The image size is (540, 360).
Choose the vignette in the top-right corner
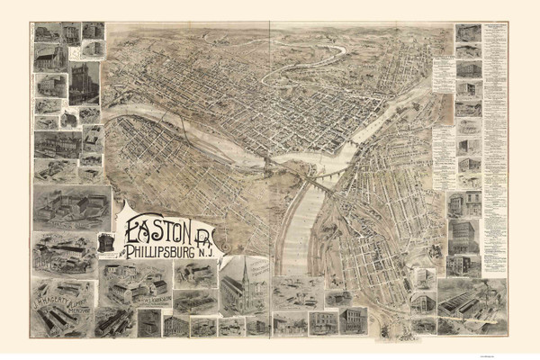click(x=468, y=33)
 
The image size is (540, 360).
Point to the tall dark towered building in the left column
click(x=85, y=83)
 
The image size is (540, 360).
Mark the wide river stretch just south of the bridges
click(x=297, y=225)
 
